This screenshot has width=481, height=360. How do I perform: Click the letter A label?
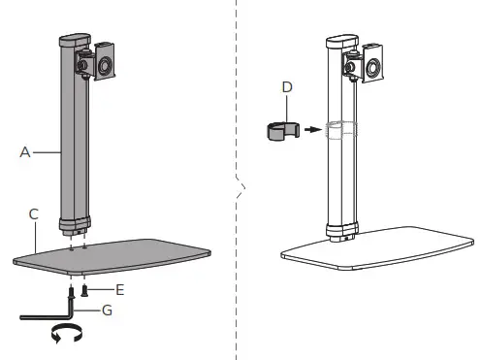pos(24,150)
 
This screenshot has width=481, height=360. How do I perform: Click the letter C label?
pos(34,212)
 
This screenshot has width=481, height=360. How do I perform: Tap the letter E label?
pos(119,288)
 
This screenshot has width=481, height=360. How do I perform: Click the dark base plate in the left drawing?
pos(112,254)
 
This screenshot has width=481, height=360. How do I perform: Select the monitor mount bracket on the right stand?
pos(372,63)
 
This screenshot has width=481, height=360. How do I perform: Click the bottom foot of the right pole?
pos(341,235)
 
